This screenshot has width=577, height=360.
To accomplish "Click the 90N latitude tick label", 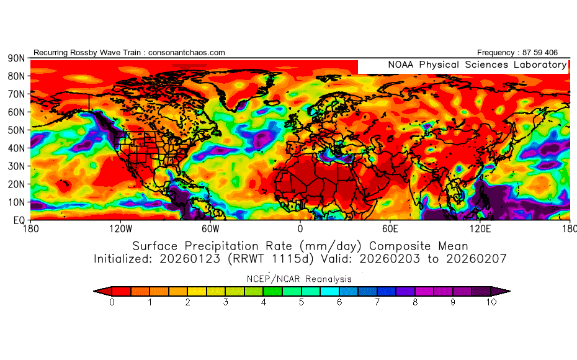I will click(x=16, y=58).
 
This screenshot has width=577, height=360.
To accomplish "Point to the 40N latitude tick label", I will click(x=16, y=148).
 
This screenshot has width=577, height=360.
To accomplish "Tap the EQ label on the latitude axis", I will click(x=17, y=220).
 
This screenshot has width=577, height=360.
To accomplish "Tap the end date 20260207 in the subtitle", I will click(x=474, y=258).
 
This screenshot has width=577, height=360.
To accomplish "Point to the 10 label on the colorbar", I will click(x=491, y=302).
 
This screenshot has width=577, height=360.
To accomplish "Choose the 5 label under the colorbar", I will click(x=301, y=302).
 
